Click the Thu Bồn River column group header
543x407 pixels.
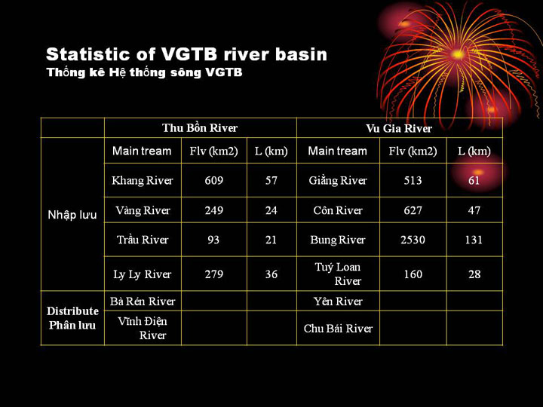[x=200, y=128]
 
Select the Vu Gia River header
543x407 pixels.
[x=399, y=128]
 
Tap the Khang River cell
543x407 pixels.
[x=143, y=181]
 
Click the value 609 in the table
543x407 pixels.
[x=213, y=180]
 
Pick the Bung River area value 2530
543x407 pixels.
[x=413, y=240]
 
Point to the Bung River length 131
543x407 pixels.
[x=474, y=240]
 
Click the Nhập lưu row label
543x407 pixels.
[x=72, y=215]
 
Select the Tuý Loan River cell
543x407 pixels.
[x=338, y=274]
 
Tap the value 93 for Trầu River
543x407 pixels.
[x=213, y=240]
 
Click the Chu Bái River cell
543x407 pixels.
[x=338, y=328]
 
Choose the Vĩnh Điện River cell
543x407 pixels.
[x=143, y=328]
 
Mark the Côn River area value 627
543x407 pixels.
[x=413, y=210]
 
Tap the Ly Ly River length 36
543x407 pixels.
[x=271, y=274]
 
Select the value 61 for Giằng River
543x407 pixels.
[x=474, y=180]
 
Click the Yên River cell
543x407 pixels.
[x=338, y=301]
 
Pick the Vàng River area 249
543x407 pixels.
[x=213, y=210]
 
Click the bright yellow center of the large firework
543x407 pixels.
[x=458, y=55]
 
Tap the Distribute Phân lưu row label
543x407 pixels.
[x=72, y=318]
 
